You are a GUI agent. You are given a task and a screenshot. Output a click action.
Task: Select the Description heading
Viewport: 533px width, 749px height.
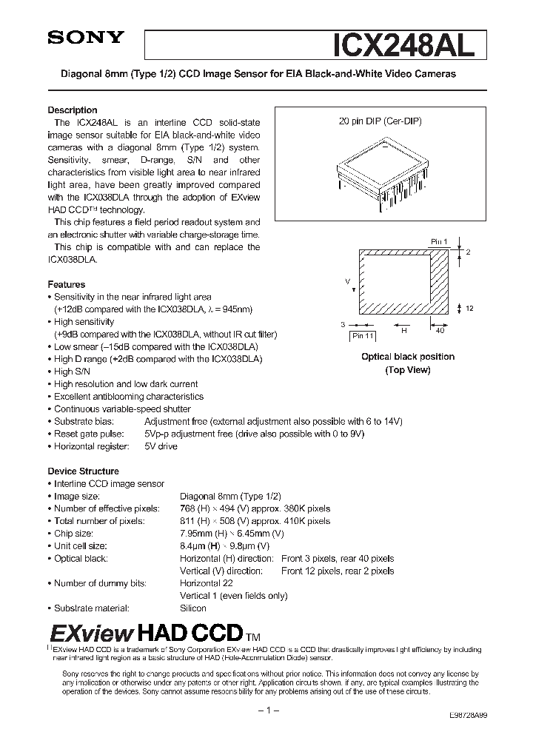click(x=73, y=110)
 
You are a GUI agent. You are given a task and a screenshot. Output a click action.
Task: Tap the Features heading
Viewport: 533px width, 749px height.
click(x=67, y=284)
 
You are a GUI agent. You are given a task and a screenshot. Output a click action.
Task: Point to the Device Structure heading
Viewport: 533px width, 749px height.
click(x=83, y=471)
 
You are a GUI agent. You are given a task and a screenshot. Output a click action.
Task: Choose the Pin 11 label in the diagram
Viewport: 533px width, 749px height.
click(x=363, y=336)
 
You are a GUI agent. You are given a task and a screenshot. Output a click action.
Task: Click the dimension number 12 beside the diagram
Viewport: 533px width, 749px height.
click(x=469, y=307)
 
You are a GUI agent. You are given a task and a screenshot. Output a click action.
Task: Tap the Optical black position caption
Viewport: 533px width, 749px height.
click(x=407, y=357)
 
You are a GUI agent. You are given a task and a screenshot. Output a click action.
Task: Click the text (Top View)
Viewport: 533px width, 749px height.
click(x=407, y=369)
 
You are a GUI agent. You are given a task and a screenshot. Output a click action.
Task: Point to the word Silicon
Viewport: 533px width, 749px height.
click(x=193, y=608)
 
